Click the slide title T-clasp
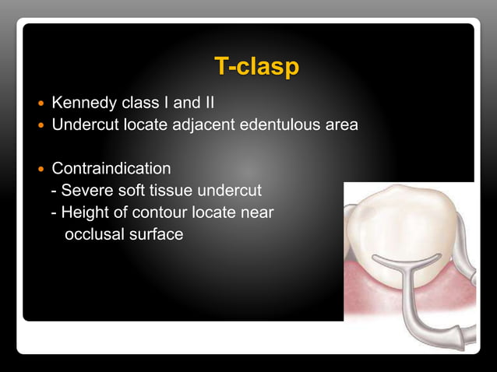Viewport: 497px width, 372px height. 256,67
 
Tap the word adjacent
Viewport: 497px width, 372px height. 222,124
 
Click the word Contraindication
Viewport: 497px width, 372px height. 111,168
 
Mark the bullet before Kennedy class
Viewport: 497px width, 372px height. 41,103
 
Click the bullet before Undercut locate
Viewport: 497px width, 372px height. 41,125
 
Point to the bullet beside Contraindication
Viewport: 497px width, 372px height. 41,169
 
